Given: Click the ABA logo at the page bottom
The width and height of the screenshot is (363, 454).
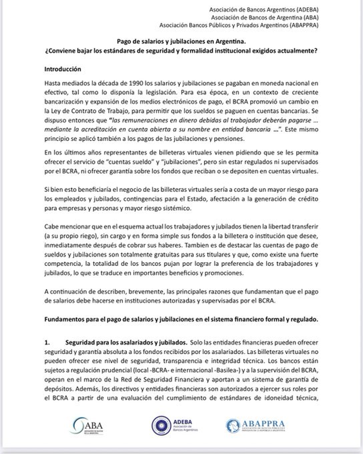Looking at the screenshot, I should [87, 426].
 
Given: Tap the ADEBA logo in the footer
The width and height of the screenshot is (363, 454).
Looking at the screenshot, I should [174, 425].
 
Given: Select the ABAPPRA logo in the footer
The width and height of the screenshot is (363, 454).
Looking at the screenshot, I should [255, 426].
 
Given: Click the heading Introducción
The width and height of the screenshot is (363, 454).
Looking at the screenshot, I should [63, 69].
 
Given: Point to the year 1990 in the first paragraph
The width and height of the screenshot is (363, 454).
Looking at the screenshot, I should [136, 83].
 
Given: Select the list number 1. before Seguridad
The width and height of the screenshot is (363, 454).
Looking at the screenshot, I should [47, 342].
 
